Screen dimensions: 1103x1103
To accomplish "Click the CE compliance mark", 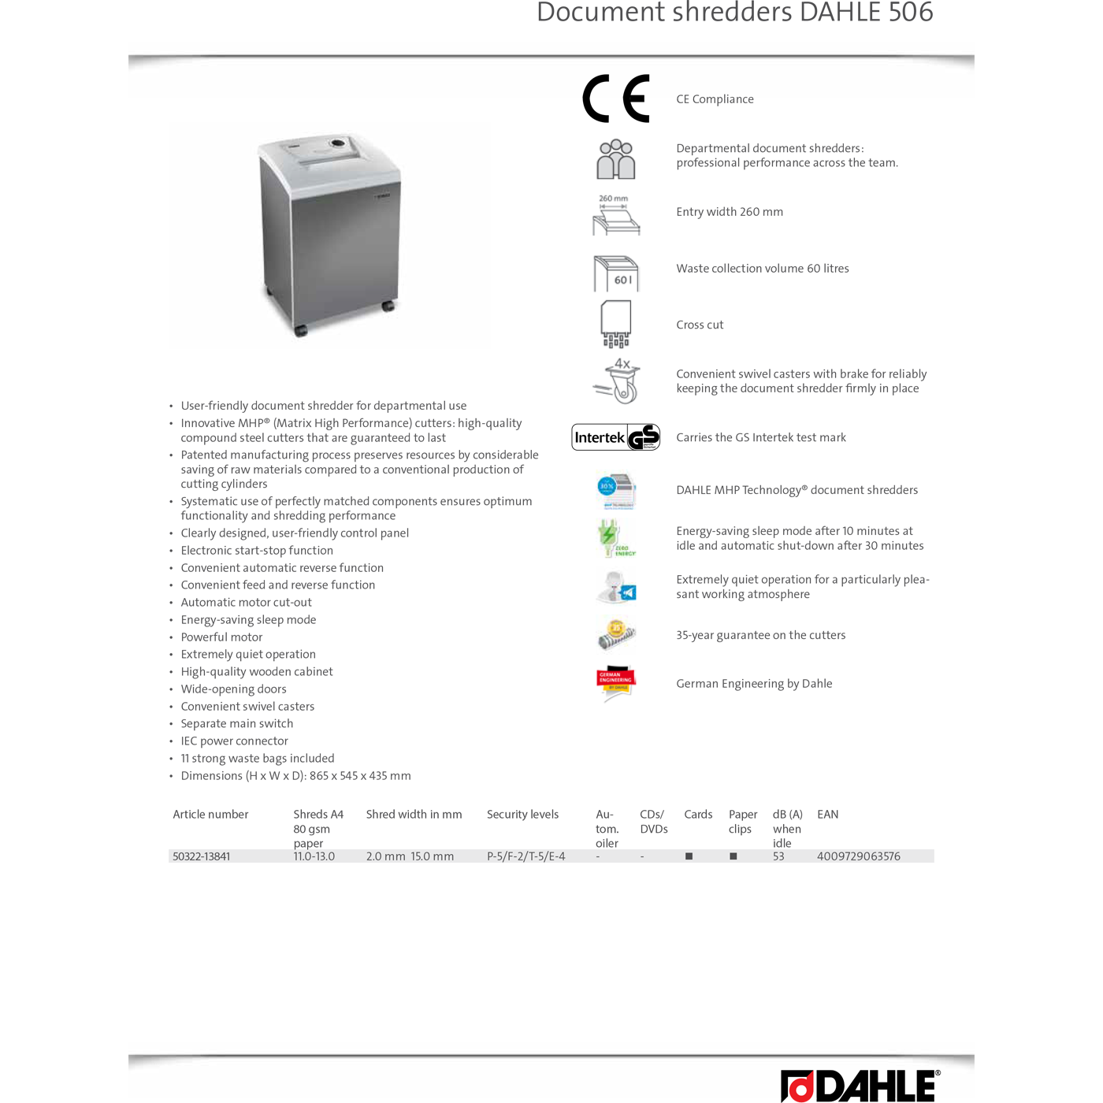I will [x=615, y=99].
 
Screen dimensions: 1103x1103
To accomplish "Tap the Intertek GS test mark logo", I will [x=615, y=437].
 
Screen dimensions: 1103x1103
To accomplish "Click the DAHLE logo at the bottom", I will [x=860, y=1086].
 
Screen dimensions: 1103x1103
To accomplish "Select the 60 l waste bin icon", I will [x=616, y=273].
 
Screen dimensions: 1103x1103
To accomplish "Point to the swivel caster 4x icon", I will [x=617, y=381].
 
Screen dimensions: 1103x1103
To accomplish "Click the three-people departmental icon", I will [x=615, y=159].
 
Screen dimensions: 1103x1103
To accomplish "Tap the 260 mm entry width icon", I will [x=616, y=215].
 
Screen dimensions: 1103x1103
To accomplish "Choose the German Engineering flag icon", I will [x=615, y=683].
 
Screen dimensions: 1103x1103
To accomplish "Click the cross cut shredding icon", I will [x=616, y=324].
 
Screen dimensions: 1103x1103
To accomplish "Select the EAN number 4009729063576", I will [x=858, y=856].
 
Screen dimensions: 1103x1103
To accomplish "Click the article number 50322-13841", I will [x=202, y=856].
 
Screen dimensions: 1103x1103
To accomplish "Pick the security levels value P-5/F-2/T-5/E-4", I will [x=526, y=856].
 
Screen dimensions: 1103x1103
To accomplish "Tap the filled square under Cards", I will [x=689, y=856].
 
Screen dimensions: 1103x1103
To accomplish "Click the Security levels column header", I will [x=522, y=815].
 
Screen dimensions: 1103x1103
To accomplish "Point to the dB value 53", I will [x=778, y=856].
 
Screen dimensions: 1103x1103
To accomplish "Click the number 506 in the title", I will [x=911, y=13].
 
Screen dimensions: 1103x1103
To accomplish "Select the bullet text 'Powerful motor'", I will [x=221, y=637].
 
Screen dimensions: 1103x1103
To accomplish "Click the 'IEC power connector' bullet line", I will [x=234, y=741].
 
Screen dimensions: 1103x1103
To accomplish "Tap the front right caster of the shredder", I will [x=388, y=306].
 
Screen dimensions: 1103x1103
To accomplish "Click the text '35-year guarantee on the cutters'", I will [x=760, y=635].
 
